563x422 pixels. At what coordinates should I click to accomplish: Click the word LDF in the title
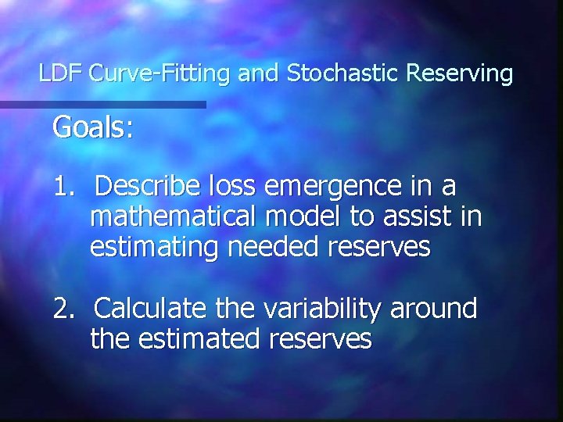tap(61, 74)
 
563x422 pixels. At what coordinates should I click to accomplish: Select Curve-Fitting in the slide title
tap(160, 74)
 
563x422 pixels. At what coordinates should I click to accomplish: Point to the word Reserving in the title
tap(458, 74)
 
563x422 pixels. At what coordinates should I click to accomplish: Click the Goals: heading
tap(92, 127)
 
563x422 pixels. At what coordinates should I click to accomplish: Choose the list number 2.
tap(66, 309)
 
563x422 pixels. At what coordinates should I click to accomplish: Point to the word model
tap(287, 218)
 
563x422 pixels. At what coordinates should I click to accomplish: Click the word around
tap(436, 309)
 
